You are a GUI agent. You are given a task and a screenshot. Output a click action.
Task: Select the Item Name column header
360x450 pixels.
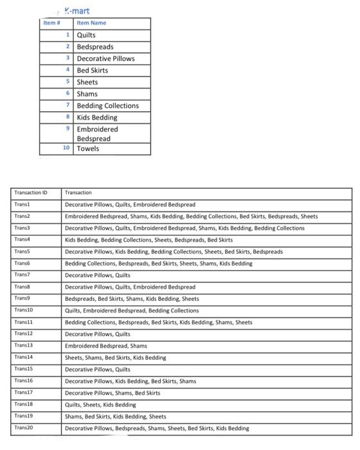(x=91, y=23)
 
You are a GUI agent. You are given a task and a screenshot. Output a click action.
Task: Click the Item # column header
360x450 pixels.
(x=51, y=23)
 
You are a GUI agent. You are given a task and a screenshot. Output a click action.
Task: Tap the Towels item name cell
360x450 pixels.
(x=88, y=148)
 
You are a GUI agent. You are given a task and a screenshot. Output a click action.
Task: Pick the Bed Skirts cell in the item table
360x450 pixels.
(x=93, y=70)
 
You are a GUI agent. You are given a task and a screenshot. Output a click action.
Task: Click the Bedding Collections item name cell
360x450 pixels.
(x=107, y=105)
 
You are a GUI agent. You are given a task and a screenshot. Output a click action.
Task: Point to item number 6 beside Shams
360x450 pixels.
(x=68, y=94)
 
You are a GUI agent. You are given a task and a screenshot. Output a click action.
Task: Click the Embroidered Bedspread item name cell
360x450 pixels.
(x=98, y=134)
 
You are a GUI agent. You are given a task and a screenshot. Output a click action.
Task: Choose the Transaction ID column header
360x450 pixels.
(x=31, y=192)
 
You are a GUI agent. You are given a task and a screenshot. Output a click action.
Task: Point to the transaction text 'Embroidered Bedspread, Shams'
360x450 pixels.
(x=106, y=346)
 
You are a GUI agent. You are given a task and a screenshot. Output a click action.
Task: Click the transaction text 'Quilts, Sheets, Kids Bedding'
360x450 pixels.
(x=100, y=405)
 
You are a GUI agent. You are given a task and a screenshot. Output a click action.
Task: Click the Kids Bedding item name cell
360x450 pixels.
(x=97, y=118)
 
